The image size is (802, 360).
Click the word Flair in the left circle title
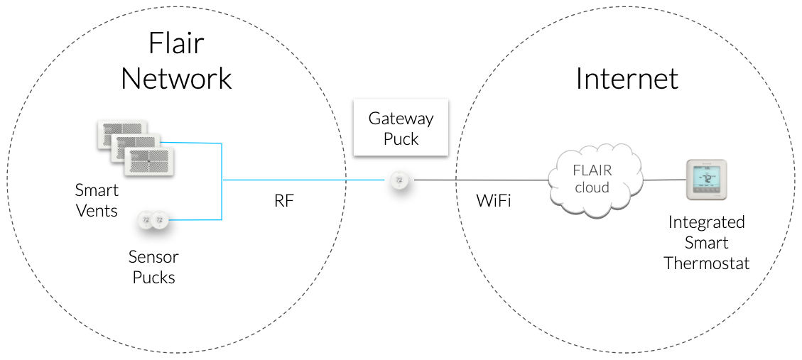point(176,44)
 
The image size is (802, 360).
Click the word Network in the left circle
point(176,79)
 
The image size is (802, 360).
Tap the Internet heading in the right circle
point(627,79)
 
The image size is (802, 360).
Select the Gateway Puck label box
point(401,128)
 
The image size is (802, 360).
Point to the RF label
point(283,201)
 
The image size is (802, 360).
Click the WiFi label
point(494,201)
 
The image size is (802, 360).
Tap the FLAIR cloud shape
point(593,180)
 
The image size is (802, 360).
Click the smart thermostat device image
point(706,180)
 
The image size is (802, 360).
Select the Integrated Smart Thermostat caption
point(706,242)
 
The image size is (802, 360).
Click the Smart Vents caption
point(97,201)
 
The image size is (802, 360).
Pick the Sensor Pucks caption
point(153,266)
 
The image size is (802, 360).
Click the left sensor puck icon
point(146,220)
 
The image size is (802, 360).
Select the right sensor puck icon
point(160,220)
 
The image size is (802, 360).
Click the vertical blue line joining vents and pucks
point(223,181)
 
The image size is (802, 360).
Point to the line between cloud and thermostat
point(663,180)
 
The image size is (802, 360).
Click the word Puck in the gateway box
point(401,139)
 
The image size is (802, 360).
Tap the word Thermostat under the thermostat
point(706,263)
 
